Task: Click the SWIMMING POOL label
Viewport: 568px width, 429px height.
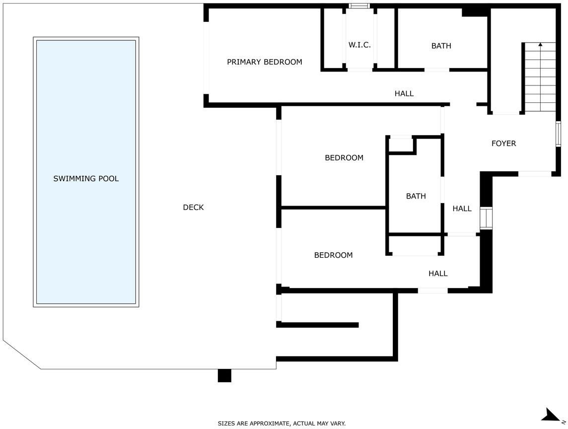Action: tap(86, 178)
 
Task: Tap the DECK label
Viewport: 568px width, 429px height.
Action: tap(194, 207)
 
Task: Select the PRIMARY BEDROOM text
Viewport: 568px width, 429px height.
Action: tap(265, 62)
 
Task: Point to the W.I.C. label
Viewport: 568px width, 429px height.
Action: tap(359, 45)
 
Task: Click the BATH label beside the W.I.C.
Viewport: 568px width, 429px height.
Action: tap(441, 46)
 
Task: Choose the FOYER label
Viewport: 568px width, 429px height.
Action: tap(503, 143)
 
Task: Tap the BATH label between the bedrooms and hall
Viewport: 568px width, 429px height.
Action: tap(416, 196)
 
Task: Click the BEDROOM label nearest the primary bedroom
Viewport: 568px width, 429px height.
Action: tap(344, 157)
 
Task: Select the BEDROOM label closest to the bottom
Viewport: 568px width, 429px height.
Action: tap(333, 255)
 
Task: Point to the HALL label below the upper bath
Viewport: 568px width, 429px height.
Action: tap(404, 93)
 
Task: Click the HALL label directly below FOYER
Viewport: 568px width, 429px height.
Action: tap(462, 209)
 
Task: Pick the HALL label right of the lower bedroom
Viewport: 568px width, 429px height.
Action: tap(438, 274)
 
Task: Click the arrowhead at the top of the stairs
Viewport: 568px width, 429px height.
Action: tap(541, 45)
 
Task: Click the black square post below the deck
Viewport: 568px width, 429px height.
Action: tap(224, 376)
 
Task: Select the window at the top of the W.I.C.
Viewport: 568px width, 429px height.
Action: tap(359, 6)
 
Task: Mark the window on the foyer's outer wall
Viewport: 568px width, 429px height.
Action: tap(558, 134)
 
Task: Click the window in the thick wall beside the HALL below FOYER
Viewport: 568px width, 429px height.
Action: tap(486, 218)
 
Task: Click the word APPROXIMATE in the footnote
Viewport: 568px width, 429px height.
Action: tap(269, 423)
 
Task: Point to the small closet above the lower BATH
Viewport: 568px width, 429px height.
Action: tap(401, 145)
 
